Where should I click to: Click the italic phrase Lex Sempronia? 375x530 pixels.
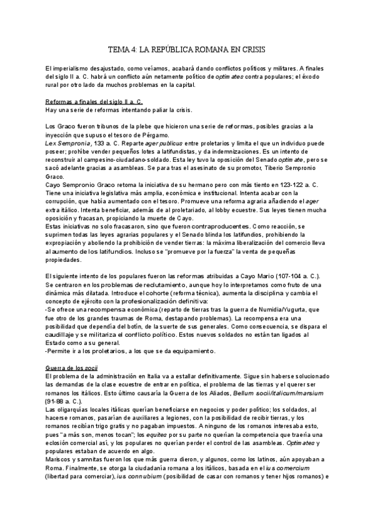coord(67,144)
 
